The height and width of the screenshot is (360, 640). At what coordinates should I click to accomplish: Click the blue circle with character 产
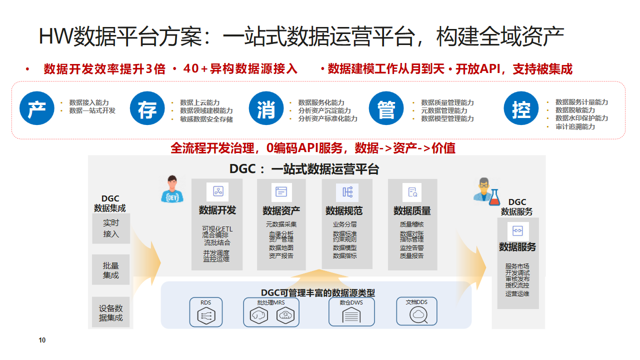click(38, 109)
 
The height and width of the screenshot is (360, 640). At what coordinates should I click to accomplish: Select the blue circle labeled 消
click(265, 109)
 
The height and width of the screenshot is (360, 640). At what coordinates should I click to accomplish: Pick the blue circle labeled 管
click(384, 109)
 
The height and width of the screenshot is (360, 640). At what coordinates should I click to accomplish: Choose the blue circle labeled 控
click(520, 109)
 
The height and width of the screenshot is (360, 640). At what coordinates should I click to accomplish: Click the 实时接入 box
click(110, 229)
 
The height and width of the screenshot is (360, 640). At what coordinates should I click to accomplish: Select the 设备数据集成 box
click(110, 312)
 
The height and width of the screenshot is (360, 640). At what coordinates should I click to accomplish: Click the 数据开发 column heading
click(217, 211)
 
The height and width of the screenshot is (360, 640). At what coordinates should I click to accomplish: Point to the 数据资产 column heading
click(281, 211)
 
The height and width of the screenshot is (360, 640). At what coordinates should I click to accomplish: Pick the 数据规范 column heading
click(346, 211)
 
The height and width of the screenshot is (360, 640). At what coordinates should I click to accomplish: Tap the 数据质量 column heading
click(412, 211)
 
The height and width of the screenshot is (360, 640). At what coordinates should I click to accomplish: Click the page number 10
click(42, 341)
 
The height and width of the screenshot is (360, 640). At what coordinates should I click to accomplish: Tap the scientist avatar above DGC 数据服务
click(486, 189)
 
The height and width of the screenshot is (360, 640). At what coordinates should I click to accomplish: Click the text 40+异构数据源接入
click(234, 69)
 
